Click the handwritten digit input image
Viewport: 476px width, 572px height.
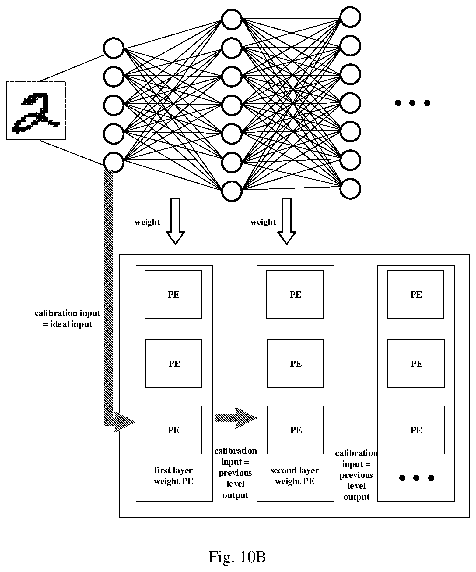[x=36, y=111]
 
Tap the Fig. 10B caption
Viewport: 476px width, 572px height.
[x=237, y=557]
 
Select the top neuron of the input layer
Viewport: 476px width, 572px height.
[x=114, y=48]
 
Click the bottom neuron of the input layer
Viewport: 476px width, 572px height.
[x=114, y=162]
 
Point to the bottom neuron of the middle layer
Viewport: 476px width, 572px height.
[x=232, y=191]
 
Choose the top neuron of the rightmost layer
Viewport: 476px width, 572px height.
[x=350, y=17]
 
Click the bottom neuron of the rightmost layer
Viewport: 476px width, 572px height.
[x=350, y=189]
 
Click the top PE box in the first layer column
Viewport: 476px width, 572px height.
[x=173, y=294]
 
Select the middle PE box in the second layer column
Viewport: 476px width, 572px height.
[x=296, y=363]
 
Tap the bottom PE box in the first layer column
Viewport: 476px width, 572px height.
[x=173, y=430]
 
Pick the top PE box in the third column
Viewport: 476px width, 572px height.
[x=416, y=294]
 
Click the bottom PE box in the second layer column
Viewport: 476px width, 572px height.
[x=295, y=430]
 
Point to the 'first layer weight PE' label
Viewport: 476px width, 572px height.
[x=173, y=476]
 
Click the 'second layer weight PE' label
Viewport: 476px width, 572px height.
[x=295, y=476]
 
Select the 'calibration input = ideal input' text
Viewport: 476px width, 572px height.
[x=67, y=318]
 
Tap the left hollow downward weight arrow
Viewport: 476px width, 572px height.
[x=176, y=221]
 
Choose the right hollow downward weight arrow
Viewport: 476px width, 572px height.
[x=287, y=221]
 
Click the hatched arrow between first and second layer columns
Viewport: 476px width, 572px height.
[x=236, y=418]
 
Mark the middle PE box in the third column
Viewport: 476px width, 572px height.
[x=416, y=363]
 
